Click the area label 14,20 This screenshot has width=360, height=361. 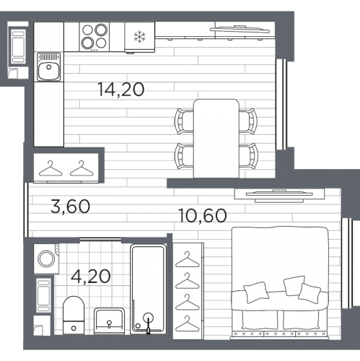pyautogui.click(x=121, y=90)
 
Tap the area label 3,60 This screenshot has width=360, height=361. pyautogui.click(x=70, y=206)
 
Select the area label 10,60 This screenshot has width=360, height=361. pyautogui.click(x=203, y=216)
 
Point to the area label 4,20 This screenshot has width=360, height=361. pyautogui.click(x=91, y=277)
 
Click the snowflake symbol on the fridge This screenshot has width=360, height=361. pyautogui.click(x=140, y=37)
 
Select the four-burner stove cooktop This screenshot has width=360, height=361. pyautogui.click(x=95, y=37)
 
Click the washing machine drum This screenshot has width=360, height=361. pyautogui.click(x=47, y=259)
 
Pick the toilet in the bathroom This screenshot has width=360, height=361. pyautogui.click(x=74, y=316)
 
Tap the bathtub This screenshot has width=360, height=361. pyautogui.click(x=149, y=289)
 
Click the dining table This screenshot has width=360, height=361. pyautogui.click(x=216, y=139)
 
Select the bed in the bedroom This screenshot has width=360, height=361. pyautogui.click(x=280, y=283)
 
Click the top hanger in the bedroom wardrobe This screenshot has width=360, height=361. pyautogui.click(x=188, y=260)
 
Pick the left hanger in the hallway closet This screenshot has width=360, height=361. pyautogui.click(x=51, y=168)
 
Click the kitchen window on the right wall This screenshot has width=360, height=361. pyautogui.click(x=281, y=105)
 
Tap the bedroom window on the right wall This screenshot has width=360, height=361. pyautogui.click(x=347, y=264)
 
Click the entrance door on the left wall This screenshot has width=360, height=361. pyautogui.click(x=26, y=210)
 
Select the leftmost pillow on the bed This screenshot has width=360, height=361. pyautogui.click(x=256, y=292)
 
